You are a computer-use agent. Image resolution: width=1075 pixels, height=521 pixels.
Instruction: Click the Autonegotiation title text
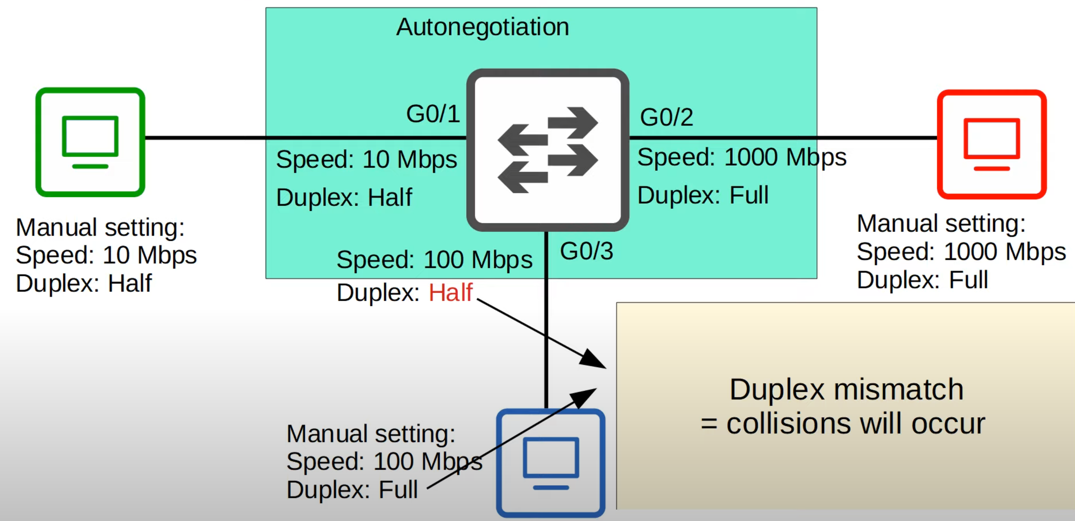point(483,27)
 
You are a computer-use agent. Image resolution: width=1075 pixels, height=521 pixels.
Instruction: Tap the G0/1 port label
point(433,114)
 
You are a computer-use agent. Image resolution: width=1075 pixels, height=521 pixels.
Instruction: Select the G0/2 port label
point(666,117)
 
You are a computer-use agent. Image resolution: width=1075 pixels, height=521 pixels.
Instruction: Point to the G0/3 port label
point(586,251)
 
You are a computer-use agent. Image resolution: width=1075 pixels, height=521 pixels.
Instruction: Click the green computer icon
point(90,142)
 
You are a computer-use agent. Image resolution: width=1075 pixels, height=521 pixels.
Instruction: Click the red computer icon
point(992,144)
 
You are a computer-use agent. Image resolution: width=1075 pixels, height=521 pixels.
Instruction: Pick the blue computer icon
point(550,463)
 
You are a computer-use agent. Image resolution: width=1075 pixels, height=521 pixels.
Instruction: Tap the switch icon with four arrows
point(547,150)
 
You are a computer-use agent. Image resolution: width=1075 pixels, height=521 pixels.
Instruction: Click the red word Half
point(450,293)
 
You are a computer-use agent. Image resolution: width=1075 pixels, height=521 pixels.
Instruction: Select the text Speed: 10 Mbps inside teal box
point(366,160)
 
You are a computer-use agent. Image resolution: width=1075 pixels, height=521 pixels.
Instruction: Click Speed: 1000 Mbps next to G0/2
point(741,157)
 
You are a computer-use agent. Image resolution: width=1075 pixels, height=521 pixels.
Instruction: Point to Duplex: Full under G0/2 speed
point(703,195)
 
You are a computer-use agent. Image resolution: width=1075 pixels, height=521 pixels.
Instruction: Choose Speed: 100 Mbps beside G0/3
point(434,260)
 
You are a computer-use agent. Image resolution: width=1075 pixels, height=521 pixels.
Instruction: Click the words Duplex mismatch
point(846,390)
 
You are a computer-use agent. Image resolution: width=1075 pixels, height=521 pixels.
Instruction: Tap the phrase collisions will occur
point(855,424)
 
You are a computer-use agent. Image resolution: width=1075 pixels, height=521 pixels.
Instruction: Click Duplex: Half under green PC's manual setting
point(84,284)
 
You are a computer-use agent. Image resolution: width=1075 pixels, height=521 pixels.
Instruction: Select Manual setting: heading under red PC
point(941,224)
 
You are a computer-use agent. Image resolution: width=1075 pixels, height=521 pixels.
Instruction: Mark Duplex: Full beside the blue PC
point(352,490)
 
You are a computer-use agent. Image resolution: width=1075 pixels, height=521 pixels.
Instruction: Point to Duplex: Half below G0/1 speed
point(344,198)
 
